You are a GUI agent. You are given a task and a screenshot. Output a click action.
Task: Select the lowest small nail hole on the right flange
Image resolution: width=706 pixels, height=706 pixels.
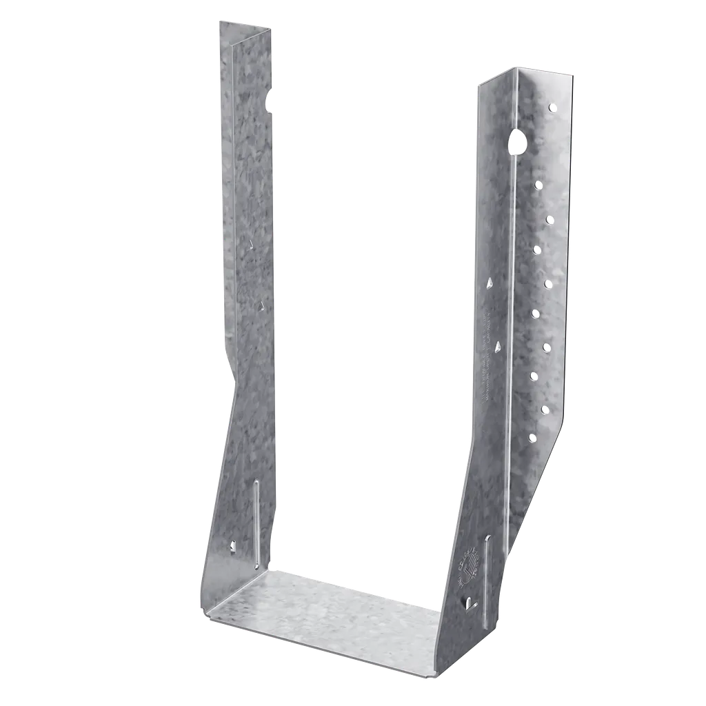coord(532,437)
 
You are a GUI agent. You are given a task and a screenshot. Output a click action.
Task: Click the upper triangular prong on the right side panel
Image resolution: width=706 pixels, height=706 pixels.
coord(489,282)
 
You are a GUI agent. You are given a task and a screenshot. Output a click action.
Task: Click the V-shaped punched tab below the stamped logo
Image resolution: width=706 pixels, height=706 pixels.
coord(470,603)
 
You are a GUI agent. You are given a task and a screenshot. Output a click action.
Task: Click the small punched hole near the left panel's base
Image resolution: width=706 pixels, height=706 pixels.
coord(232,547)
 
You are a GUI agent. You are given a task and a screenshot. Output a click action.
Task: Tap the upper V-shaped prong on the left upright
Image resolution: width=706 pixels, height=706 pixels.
coord(251,243)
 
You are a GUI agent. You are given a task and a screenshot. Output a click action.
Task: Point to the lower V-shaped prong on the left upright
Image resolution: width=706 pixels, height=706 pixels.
coord(261,304)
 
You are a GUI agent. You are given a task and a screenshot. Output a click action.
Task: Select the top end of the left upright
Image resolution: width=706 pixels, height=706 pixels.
coord(245,26)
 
